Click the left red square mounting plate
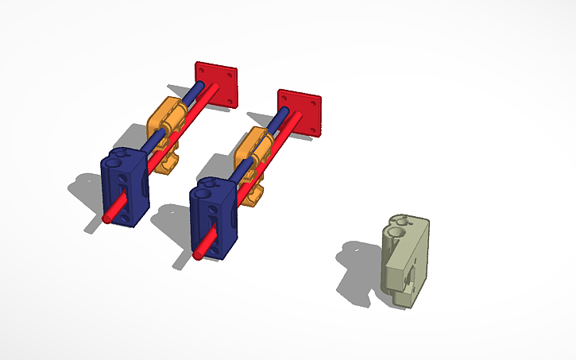tap(216, 82)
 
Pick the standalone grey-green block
tap(407, 262)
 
